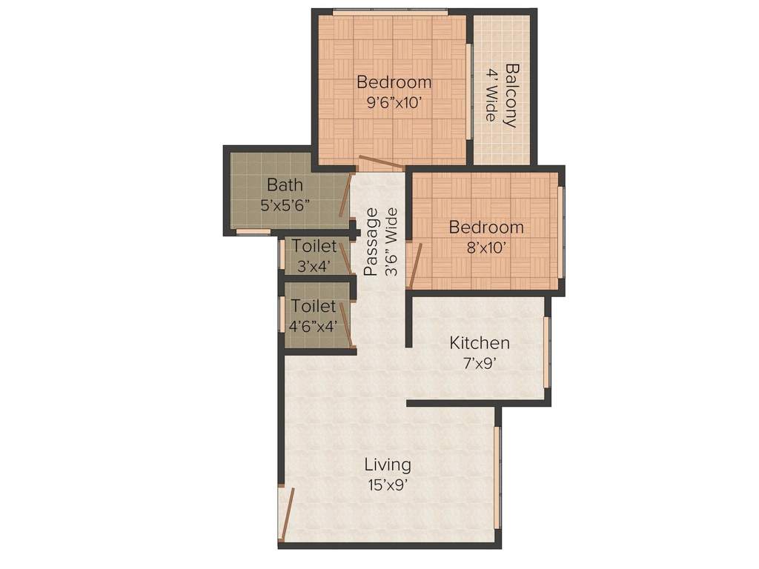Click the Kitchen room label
480,343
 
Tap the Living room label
387,465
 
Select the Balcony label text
511,96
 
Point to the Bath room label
285,184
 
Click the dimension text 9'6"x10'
394,103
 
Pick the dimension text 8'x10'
486,248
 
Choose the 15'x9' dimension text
387,485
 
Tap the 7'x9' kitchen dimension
480,364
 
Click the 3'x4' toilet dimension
313,266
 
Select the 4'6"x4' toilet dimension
314,325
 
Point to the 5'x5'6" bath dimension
285,205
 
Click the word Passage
371,242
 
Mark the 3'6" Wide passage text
391,242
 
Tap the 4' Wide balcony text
491,96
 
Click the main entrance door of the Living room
287,513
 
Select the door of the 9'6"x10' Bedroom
380,163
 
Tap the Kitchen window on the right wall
547,352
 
